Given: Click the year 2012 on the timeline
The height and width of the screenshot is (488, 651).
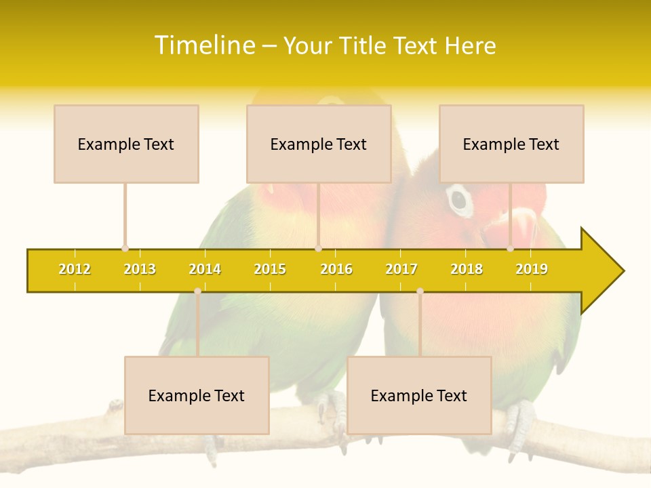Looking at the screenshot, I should coord(75,269).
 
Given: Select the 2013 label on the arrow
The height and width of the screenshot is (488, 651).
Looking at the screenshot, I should coord(140,269).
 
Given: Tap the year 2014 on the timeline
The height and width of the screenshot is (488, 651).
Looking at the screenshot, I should coord(205,269).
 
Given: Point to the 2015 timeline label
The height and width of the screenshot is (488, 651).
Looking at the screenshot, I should coord(270,269).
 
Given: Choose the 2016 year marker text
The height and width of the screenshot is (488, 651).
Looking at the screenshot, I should coord(336,269).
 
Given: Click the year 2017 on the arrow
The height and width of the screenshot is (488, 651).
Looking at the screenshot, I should coord(401,269).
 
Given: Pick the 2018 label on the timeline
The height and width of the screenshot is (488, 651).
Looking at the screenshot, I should coord(467,269).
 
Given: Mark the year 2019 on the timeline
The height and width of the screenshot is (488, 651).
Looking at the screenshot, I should coord(532,269).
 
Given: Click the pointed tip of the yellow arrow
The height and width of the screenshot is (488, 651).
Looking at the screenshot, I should coord(623,271).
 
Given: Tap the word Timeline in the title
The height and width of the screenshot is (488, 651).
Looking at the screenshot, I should coord(205,45).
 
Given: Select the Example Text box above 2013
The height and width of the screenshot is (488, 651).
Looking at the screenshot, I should coord(126,144).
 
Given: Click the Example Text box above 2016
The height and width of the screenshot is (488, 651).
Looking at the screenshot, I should coord(319,144).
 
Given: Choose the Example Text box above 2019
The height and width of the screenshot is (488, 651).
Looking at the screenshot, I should coord(511,144).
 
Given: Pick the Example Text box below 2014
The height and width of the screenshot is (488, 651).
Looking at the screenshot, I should coord(197,395).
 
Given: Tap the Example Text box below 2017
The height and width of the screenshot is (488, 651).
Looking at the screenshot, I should coord(419,395).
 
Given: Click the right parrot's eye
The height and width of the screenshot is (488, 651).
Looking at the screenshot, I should coord(459,199).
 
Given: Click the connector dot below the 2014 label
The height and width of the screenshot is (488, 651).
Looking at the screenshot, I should coord(197,291).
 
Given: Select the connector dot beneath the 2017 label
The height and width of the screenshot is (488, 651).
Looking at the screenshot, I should coord(420,291).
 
